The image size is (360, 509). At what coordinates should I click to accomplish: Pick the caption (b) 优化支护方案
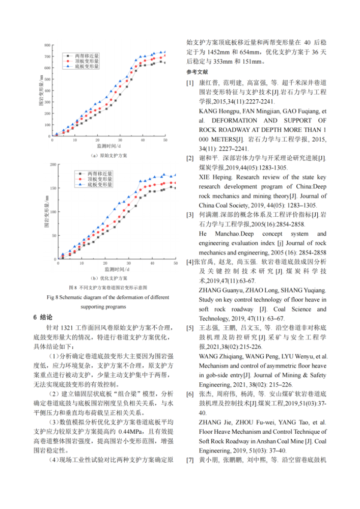click(x=109, y=278)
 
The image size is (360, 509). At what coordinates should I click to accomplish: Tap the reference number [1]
click(x=190, y=82)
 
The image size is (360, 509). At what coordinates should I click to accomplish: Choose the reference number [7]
click(x=190, y=460)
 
